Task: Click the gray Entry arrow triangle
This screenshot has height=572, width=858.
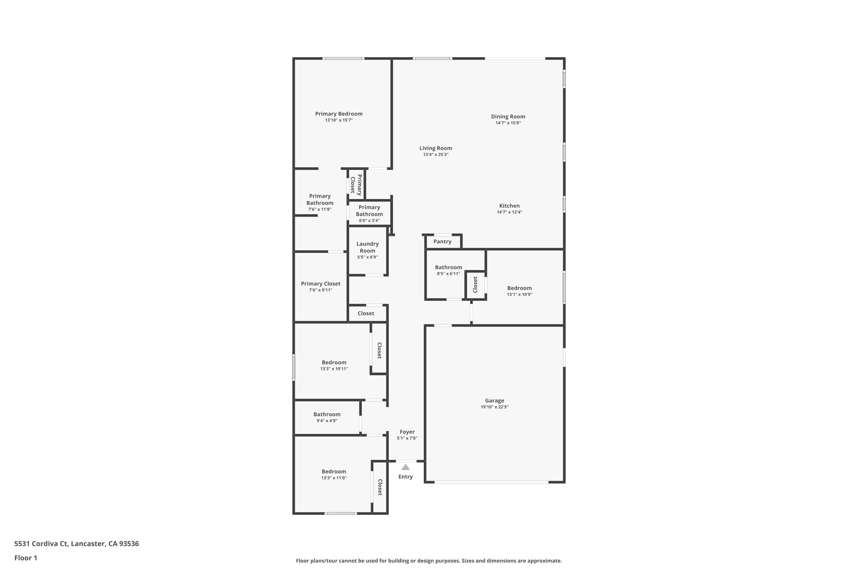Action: [406, 467]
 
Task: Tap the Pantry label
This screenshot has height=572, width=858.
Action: [442, 241]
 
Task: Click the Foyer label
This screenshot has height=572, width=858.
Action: [407, 432]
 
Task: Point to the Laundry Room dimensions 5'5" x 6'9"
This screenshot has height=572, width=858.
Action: [367, 257]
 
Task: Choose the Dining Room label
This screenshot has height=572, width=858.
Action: [508, 117]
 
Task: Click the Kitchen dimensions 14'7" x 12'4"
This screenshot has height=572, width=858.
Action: [509, 212]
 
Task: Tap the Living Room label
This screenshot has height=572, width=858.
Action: [436, 148]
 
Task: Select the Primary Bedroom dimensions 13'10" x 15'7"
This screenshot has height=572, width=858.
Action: [339, 120]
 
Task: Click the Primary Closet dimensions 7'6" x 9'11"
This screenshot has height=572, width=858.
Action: [321, 290]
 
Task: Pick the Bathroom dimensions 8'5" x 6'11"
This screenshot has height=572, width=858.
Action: [448, 274]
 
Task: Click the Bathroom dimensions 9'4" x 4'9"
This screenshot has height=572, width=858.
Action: [327, 421]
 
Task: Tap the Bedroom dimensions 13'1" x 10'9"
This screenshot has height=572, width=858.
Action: [519, 294]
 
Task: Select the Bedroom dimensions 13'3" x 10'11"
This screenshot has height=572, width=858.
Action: [334, 369]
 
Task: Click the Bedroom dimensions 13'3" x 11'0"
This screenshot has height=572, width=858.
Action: [334, 478]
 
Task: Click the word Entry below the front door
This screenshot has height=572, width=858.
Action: [406, 477]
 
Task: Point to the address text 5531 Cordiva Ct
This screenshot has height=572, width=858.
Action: [41, 544]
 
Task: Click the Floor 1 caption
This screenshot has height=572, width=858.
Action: [25, 558]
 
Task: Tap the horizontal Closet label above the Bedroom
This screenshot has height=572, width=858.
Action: [366, 313]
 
